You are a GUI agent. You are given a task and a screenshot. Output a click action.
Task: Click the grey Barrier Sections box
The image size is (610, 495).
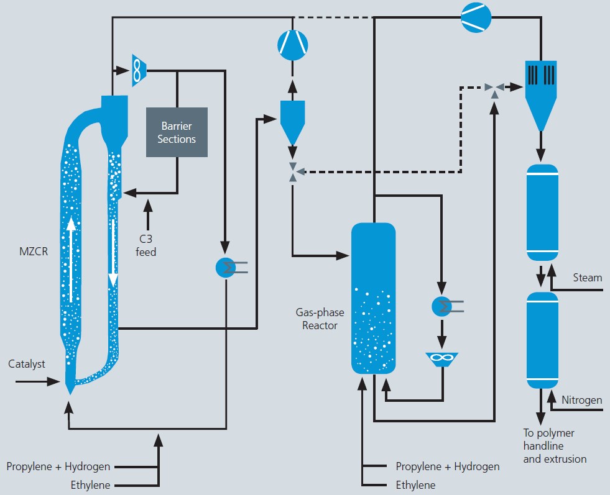pyautogui.click(x=177, y=132)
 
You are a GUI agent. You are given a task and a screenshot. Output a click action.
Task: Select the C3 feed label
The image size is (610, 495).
pyautogui.click(x=146, y=246)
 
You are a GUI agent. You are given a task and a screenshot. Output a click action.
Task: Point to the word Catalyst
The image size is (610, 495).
pyautogui.click(x=27, y=364)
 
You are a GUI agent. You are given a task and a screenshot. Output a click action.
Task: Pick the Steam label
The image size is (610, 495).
pyautogui.click(x=587, y=278)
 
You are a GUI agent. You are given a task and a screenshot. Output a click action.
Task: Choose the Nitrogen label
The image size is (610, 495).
pyautogui.click(x=581, y=400)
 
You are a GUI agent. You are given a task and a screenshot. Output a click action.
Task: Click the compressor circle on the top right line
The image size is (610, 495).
pyautogui.click(x=476, y=16)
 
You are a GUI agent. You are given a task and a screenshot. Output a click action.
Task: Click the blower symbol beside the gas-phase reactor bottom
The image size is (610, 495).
pyautogui.click(x=442, y=359)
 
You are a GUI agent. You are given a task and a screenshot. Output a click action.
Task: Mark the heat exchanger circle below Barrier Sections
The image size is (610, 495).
pyautogui.click(x=226, y=267)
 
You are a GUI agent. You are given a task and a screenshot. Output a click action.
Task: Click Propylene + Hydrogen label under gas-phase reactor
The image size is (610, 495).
pyautogui.click(x=447, y=466)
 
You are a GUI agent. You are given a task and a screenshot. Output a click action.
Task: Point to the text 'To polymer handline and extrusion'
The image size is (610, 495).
pyautogui.click(x=555, y=446)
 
